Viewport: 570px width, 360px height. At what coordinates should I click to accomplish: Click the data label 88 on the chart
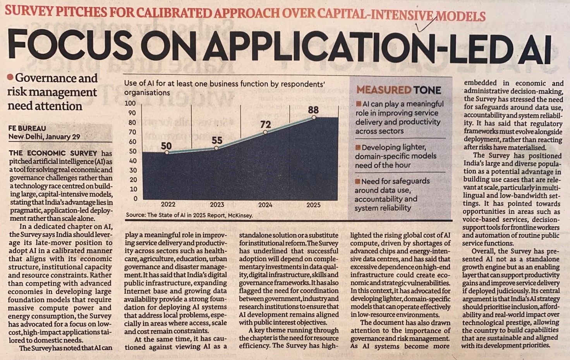[x=313, y=110]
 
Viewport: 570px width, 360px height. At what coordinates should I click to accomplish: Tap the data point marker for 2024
[x=265, y=132]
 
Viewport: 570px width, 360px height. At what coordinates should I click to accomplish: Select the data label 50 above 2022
[x=166, y=146]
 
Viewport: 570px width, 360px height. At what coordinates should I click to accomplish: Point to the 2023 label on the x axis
[x=217, y=204]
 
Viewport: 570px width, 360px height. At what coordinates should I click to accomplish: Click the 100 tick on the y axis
[x=130, y=103]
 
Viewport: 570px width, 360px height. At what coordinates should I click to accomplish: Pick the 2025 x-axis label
[x=313, y=205]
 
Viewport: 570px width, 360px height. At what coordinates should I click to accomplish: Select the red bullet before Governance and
[x=10, y=77]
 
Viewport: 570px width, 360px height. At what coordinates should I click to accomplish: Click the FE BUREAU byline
[x=27, y=128]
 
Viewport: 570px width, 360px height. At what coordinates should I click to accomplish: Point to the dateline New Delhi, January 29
[x=44, y=137]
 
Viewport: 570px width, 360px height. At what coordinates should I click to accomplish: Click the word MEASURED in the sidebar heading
[x=383, y=90]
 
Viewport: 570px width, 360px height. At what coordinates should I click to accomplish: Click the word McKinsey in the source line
[x=240, y=215]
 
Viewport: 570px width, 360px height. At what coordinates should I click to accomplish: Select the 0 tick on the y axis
[x=135, y=199]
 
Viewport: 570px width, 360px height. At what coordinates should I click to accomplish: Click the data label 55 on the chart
[x=217, y=140]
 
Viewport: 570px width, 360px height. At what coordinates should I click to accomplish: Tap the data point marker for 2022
[x=167, y=153]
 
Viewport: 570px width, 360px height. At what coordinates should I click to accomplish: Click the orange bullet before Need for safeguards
[x=358, y=181]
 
